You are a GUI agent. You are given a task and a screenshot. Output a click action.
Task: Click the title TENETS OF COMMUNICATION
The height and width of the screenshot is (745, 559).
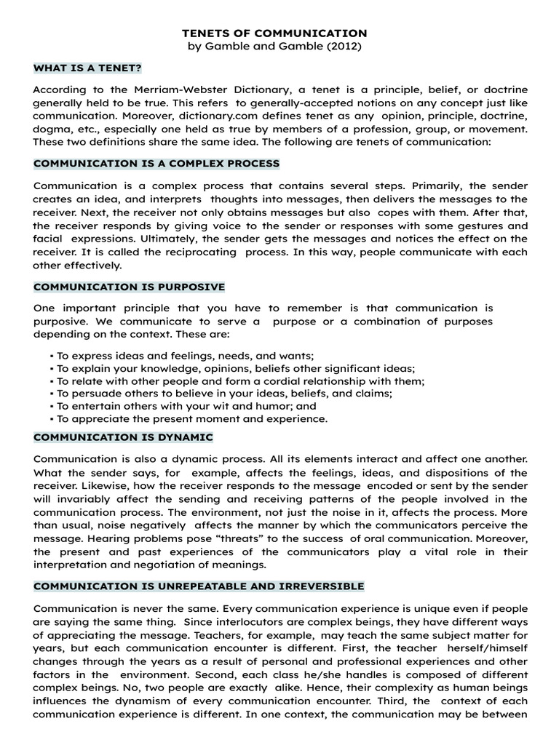(274, 33)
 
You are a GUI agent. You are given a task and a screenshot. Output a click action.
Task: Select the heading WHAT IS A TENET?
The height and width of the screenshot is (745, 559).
(87, 68)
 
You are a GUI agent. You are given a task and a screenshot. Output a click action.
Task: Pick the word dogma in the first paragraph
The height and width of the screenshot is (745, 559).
(52, 129)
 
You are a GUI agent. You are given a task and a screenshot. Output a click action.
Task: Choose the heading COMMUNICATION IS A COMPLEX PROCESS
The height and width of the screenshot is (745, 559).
(156, 163)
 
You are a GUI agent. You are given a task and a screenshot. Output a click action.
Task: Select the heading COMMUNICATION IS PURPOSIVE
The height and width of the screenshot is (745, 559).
(129, 287)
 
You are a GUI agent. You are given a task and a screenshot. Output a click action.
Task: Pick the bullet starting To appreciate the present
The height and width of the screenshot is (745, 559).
(189, 418)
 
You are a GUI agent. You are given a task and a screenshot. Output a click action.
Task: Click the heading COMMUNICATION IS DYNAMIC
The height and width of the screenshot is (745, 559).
(123, 437)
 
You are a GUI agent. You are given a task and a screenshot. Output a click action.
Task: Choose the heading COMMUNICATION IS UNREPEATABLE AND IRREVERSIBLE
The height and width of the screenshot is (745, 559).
(199, 586)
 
